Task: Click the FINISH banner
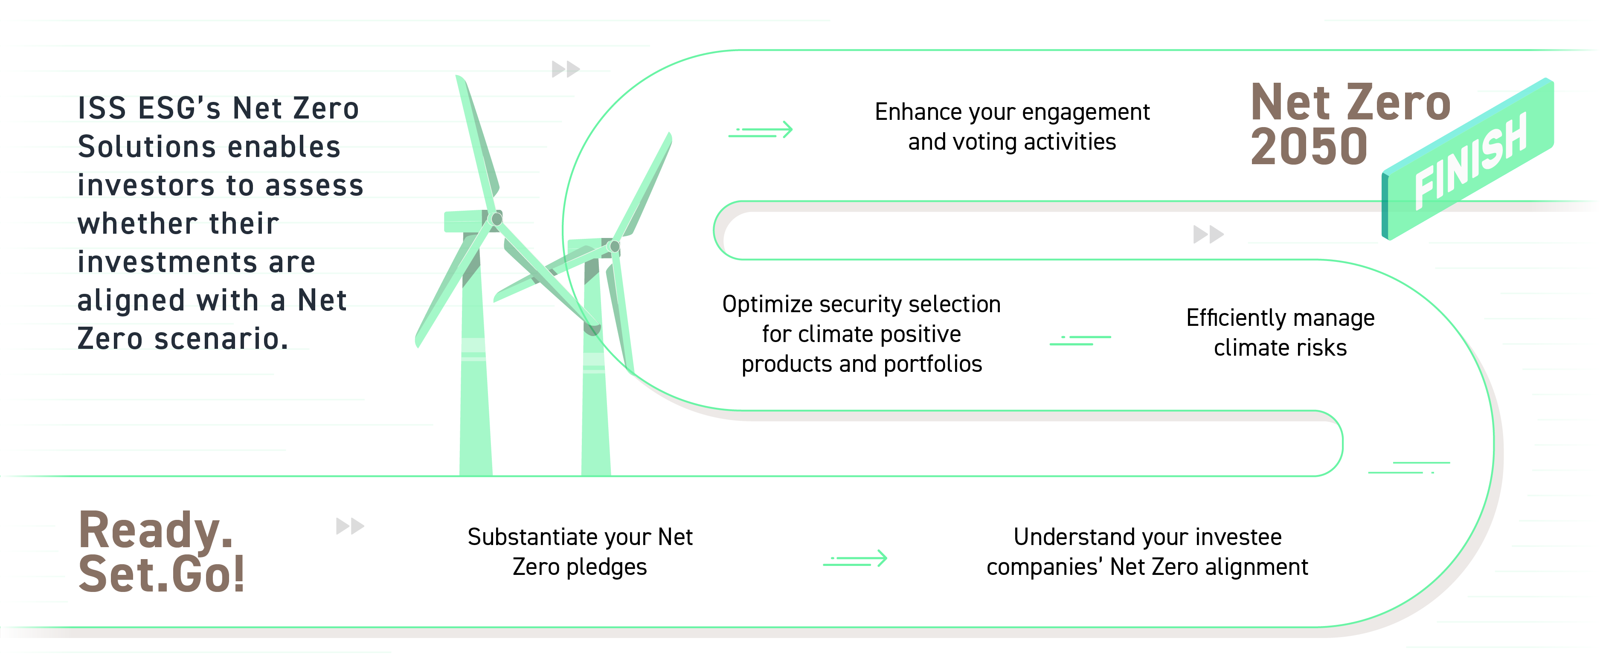[x=1469, y=160]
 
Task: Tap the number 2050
[x=1309, y=147]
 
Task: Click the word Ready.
[x=155, y=530]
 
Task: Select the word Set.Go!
[x=162, y=574]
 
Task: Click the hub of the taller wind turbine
[x=496, y=219]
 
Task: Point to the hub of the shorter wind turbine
[x=614, y=246]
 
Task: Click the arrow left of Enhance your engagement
[x=761, y=130]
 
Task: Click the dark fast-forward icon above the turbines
[x=565, y=69]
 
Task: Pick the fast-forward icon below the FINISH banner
[x=1208, y=235]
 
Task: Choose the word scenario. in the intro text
[x=221, y=339]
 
